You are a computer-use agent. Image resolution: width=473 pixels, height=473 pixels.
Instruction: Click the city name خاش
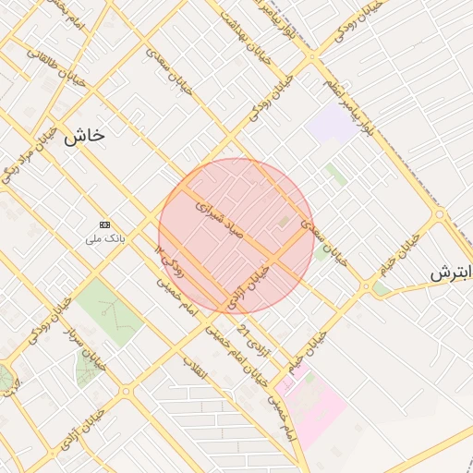tap(84, 135)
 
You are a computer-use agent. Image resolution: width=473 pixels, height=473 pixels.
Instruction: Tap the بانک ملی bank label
tap(104, 238)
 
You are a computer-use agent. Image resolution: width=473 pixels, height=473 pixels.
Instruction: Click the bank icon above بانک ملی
tap(104, 224)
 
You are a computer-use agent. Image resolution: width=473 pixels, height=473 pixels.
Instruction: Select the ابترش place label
tap(452, 273)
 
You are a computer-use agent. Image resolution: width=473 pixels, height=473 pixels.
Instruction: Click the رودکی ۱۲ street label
tap(170, 261)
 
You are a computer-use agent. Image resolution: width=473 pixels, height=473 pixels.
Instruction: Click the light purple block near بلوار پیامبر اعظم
tap(332, 123)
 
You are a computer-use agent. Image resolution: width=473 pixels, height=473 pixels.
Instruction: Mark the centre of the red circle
tap(236, 236)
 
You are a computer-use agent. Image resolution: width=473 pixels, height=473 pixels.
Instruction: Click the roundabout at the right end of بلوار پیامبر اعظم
tap(440, 214)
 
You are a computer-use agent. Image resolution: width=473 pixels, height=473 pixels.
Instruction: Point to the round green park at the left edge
tap(5, 377)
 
